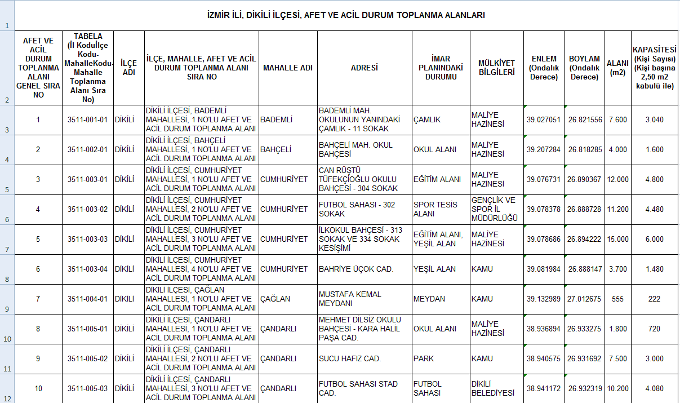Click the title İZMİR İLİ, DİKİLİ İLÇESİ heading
point(346,15)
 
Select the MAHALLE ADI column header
point(287,68)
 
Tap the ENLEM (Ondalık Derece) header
point(544,68)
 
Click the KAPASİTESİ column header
point(654,68)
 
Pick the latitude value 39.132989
point(544,299)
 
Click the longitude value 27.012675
point(585,299)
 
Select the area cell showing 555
point(618,299)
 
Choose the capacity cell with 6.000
point(654,239)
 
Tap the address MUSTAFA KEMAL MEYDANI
point(350,299)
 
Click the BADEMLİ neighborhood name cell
point(276,119)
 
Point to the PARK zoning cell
point(424,358)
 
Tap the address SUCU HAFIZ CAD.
point(350,358)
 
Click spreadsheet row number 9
point(7,309)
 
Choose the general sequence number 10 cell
point(38,388)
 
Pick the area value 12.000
point(618,179)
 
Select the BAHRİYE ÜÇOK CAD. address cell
point(356,269)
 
